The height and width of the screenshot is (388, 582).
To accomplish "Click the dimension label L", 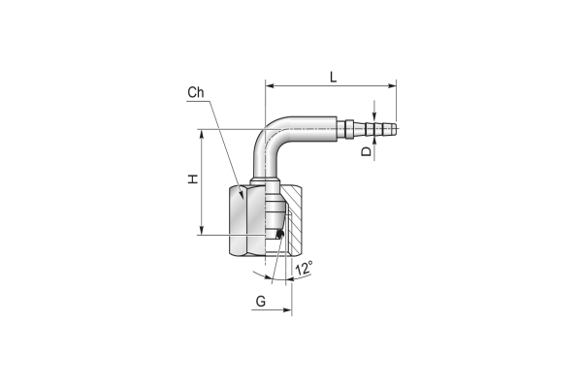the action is pyautogui.click(x=334, y=77).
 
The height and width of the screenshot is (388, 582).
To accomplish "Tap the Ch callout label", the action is pyautogui.click(x=196, y=92).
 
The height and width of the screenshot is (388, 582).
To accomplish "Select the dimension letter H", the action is pyautogui.click(x=193, y=178).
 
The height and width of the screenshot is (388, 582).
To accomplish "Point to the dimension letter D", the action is pyautogui.click(x=367, y=150).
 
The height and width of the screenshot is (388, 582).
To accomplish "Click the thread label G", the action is pyautogui.click(x=261, y=301).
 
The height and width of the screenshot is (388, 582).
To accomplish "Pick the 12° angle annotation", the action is pyautogui.click(x=304, y=268).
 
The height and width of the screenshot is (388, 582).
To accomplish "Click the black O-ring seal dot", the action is pyautogui.click(x=280, y=234).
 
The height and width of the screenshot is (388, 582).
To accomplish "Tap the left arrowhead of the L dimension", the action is pyautogui.click(x=271, y=85).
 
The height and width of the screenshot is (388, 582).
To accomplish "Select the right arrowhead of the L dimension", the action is pyautogui.click(x=392, y=85).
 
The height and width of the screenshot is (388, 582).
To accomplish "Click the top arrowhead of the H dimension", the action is pyautogui.click(x=202, y=134).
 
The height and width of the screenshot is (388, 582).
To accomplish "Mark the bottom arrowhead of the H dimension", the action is pyautogui.click(x=202, y=230).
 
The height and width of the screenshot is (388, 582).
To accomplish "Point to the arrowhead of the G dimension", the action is pyautogui.click(x=287, y=309).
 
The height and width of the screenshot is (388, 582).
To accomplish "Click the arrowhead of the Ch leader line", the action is pyautogui.click(x=241, y=194).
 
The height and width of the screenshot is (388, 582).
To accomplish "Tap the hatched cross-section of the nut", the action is pyautogui.click(x=293, y=219).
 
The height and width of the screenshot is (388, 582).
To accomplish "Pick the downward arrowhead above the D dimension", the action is pyautogui.click(x=374, y=116).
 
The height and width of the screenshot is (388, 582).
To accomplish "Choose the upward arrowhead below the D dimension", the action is pyautogui.click(x=374, y=142).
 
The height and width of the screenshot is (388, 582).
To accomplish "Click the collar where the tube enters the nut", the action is pyautogui.click(x=265, y=181).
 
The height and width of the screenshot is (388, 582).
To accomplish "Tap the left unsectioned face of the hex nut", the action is pyautogui.click(x=238, y=220).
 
